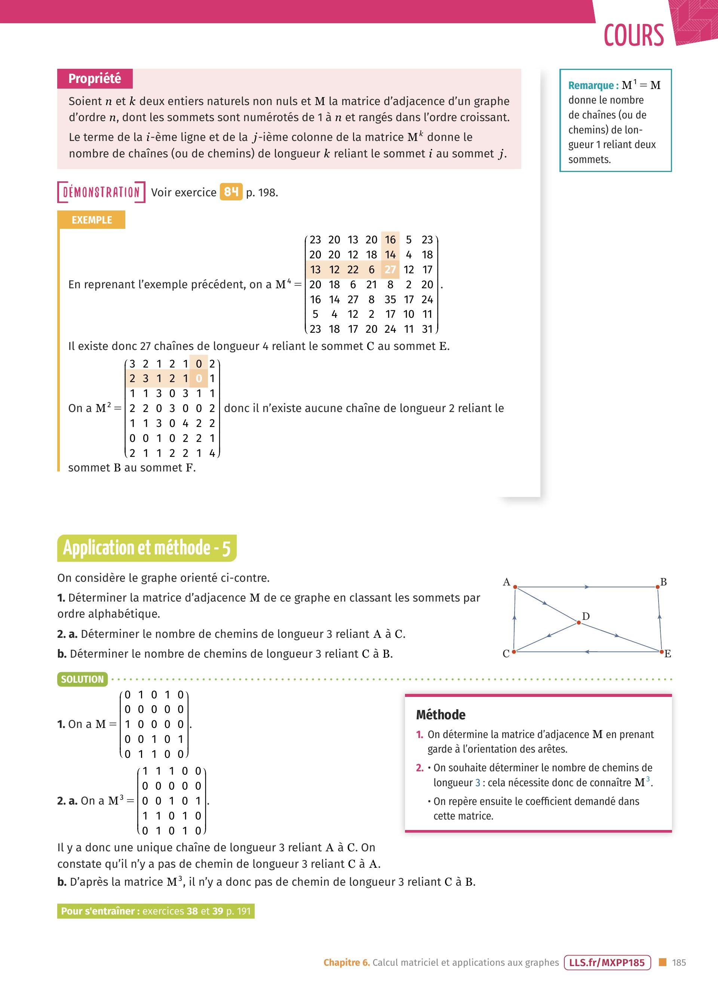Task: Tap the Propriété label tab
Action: pos(95,79)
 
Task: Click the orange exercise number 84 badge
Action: pos(231,192)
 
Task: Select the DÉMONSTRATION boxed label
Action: pos(101,192)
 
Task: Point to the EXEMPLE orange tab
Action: pos(92,220)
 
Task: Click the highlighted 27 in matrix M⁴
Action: pos(390,270)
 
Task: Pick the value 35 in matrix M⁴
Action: pos(390,299)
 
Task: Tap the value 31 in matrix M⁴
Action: pos(427,329)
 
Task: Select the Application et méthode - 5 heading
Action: pos(147,548)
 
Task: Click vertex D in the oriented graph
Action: pos(579,622)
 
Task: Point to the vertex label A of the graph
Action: pos(507,582)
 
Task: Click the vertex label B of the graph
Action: pos(663,582)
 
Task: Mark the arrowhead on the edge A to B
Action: pos(587,587)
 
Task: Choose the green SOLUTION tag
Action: pos(82,679)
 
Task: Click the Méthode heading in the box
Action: pos(441,715)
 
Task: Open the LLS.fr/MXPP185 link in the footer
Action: pos(607,962)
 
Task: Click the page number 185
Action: pos(679,962)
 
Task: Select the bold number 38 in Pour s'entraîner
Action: pos(192,911)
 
